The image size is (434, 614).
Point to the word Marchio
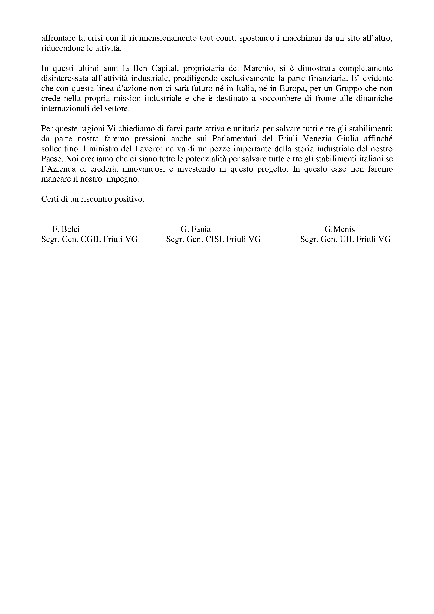click(259, 68)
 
